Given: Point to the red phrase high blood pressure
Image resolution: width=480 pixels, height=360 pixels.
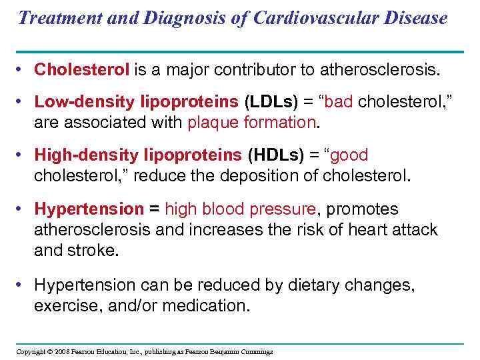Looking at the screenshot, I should [240, 209].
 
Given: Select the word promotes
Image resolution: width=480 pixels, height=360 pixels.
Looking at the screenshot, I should [363, 209].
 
